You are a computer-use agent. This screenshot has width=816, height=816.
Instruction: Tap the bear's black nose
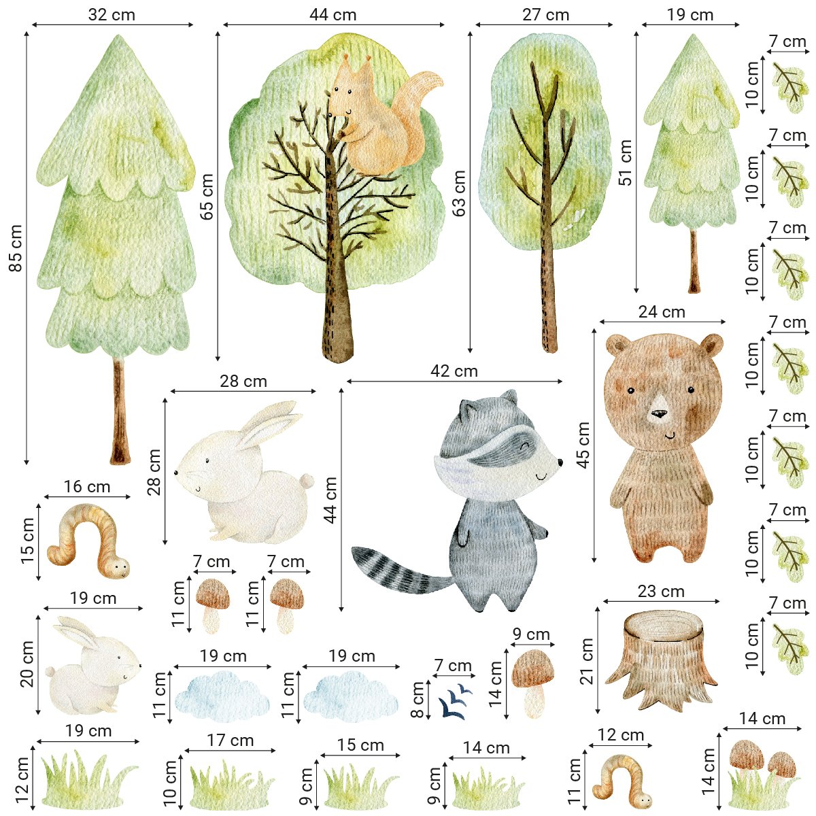658,413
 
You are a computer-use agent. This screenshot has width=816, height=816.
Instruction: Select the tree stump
661,661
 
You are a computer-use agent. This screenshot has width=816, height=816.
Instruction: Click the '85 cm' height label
15,248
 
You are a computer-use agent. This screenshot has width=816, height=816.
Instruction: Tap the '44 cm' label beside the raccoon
330,500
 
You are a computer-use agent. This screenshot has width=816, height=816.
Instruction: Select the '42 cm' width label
454,371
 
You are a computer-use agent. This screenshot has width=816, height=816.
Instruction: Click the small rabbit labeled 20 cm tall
93,665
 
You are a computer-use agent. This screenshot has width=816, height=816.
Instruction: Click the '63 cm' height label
459,194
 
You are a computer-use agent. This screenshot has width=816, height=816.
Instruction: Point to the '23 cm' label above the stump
661,592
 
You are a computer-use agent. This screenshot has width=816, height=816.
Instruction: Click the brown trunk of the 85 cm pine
120,411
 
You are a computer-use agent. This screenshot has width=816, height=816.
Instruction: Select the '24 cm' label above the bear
662,312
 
